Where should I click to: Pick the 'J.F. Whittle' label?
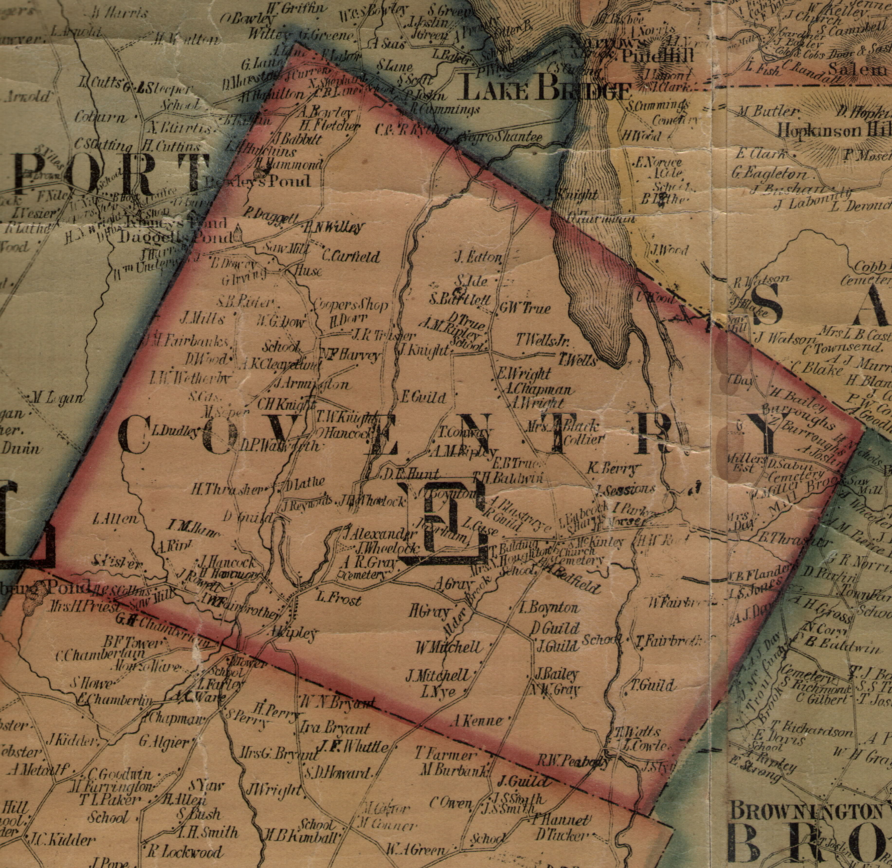pyautogui.click(x=352, y=746)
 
